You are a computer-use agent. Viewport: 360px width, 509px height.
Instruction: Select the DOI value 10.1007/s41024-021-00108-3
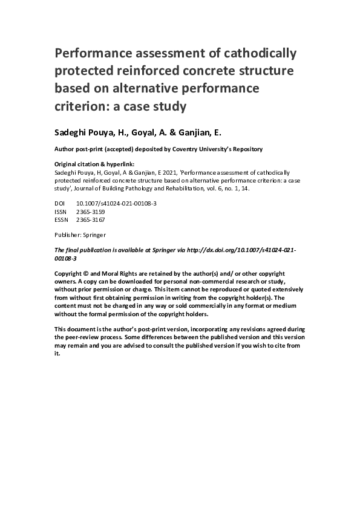[117, 204]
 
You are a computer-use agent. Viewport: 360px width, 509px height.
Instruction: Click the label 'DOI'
[60, 204]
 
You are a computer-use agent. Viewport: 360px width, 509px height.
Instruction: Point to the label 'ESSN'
[62, 221]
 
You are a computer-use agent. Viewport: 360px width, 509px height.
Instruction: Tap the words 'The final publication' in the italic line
[80, 250]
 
